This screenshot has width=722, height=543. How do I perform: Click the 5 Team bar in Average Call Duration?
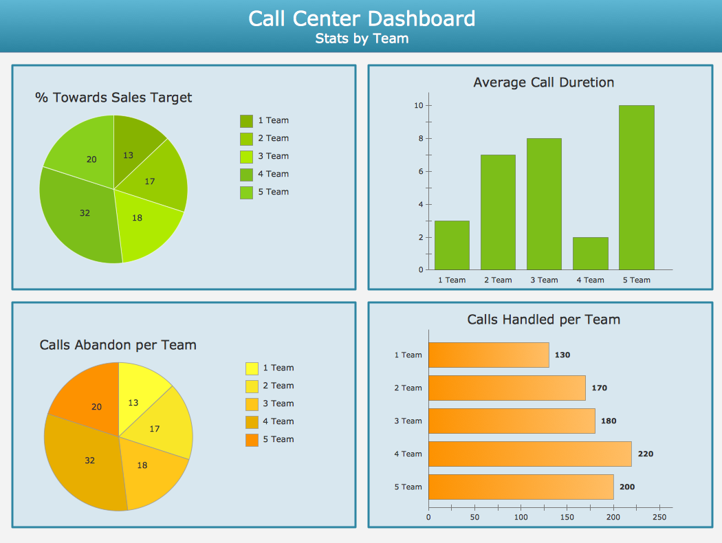tap(636, 187)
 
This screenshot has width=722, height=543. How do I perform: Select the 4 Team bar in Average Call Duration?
tap(590, 253)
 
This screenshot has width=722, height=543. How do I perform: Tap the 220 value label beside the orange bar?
tap(646, 454)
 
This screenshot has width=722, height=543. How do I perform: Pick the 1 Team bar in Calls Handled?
tap(488, 355)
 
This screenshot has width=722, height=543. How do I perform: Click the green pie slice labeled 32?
tap(81, 213)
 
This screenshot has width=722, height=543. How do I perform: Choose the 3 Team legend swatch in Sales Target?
tap(246, 157)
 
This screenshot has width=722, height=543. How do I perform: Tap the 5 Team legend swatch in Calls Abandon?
tap(252, 440)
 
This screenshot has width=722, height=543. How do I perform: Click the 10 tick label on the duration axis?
tap(418, 105)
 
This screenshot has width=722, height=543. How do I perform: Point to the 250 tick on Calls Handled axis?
tap(659, 517)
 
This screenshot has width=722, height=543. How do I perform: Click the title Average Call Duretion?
tap(543, 82)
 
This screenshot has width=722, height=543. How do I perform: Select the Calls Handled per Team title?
tap(543, 320)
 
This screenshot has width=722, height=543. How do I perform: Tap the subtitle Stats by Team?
tap(362, 38)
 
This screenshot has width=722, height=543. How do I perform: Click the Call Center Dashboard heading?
tap(362, 18)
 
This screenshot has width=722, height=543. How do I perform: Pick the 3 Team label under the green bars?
tap(544, 280)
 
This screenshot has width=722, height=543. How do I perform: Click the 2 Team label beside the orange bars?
tap(408, 388)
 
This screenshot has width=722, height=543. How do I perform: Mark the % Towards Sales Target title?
tap(113, 98)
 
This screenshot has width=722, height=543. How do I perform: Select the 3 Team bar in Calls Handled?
tap(511, 421)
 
